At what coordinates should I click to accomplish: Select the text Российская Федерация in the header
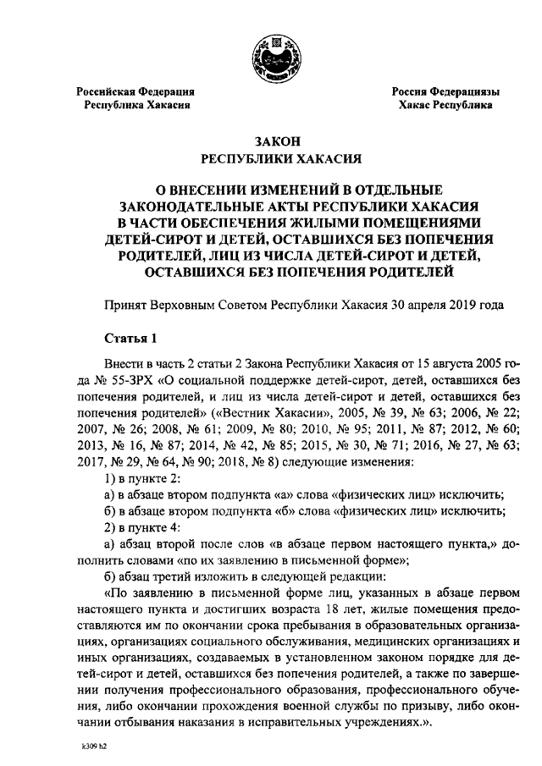coord(135,91)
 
